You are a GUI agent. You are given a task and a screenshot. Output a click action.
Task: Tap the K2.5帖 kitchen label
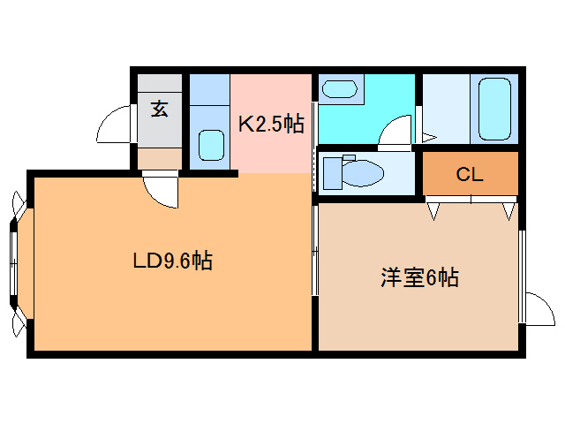(271, 124)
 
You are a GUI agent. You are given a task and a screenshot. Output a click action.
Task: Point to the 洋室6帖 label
(418, 277)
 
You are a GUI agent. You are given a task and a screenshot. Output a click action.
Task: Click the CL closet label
(469, 174)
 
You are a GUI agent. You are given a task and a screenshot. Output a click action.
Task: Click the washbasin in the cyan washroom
(339, 88)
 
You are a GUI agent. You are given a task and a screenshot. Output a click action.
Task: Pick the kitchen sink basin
(210, 145)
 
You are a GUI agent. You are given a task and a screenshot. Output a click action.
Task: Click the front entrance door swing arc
(113, 125)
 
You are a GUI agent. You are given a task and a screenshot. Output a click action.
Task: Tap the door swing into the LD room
(161, 189)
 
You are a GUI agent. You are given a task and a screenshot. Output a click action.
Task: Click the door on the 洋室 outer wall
(537, 307)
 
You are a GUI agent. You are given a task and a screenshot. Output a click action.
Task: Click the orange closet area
(469, 175)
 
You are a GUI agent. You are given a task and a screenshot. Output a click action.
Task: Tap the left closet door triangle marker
(433, 211)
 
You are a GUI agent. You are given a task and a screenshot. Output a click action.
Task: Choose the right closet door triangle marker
(508, 211)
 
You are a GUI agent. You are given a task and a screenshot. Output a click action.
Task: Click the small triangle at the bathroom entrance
(428, 137)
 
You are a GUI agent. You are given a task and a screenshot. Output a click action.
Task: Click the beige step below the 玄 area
(159, 158)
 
